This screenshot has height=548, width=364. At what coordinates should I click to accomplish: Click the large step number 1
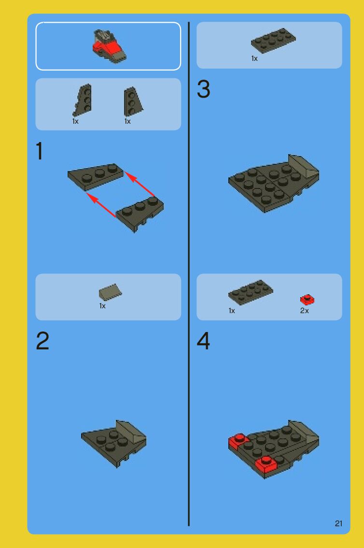[x=40, y=151]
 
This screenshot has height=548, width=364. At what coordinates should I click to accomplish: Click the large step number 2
[x=42, y=341]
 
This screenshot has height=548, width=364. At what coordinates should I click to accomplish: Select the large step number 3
[x=203, y=89]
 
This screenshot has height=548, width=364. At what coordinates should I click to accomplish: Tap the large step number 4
[x=203, y=341]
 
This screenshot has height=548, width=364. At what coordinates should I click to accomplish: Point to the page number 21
[x=338, y=523]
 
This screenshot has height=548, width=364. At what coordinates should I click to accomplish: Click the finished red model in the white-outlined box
[x=109, y=46]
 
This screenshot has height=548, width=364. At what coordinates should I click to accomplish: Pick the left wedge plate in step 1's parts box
[x=83, y=100]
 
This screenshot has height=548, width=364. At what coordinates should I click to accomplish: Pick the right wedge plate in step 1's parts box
[x=133, y=101]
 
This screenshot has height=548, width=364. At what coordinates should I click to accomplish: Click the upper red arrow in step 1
[x=140, y=184]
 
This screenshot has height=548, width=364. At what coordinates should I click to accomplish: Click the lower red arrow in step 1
[x=101, y=205]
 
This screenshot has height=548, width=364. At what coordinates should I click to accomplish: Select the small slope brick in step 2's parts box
[x=110, y=292]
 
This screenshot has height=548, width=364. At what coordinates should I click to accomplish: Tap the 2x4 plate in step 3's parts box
[x=273, y=41]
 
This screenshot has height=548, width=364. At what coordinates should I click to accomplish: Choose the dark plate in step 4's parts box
[x=251, y=292]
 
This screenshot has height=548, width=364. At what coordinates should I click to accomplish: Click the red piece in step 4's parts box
[x=307, y=300]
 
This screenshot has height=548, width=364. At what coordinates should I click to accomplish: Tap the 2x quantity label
[x=304, y=310]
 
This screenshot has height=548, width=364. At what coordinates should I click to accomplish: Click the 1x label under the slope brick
[x=102, y=306]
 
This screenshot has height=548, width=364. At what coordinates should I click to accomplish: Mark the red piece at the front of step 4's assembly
[x=266, y=464]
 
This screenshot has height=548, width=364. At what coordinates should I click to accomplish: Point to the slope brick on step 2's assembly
[x=130, y=432]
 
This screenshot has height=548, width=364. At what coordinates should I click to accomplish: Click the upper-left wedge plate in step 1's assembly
[x=95, y=176]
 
